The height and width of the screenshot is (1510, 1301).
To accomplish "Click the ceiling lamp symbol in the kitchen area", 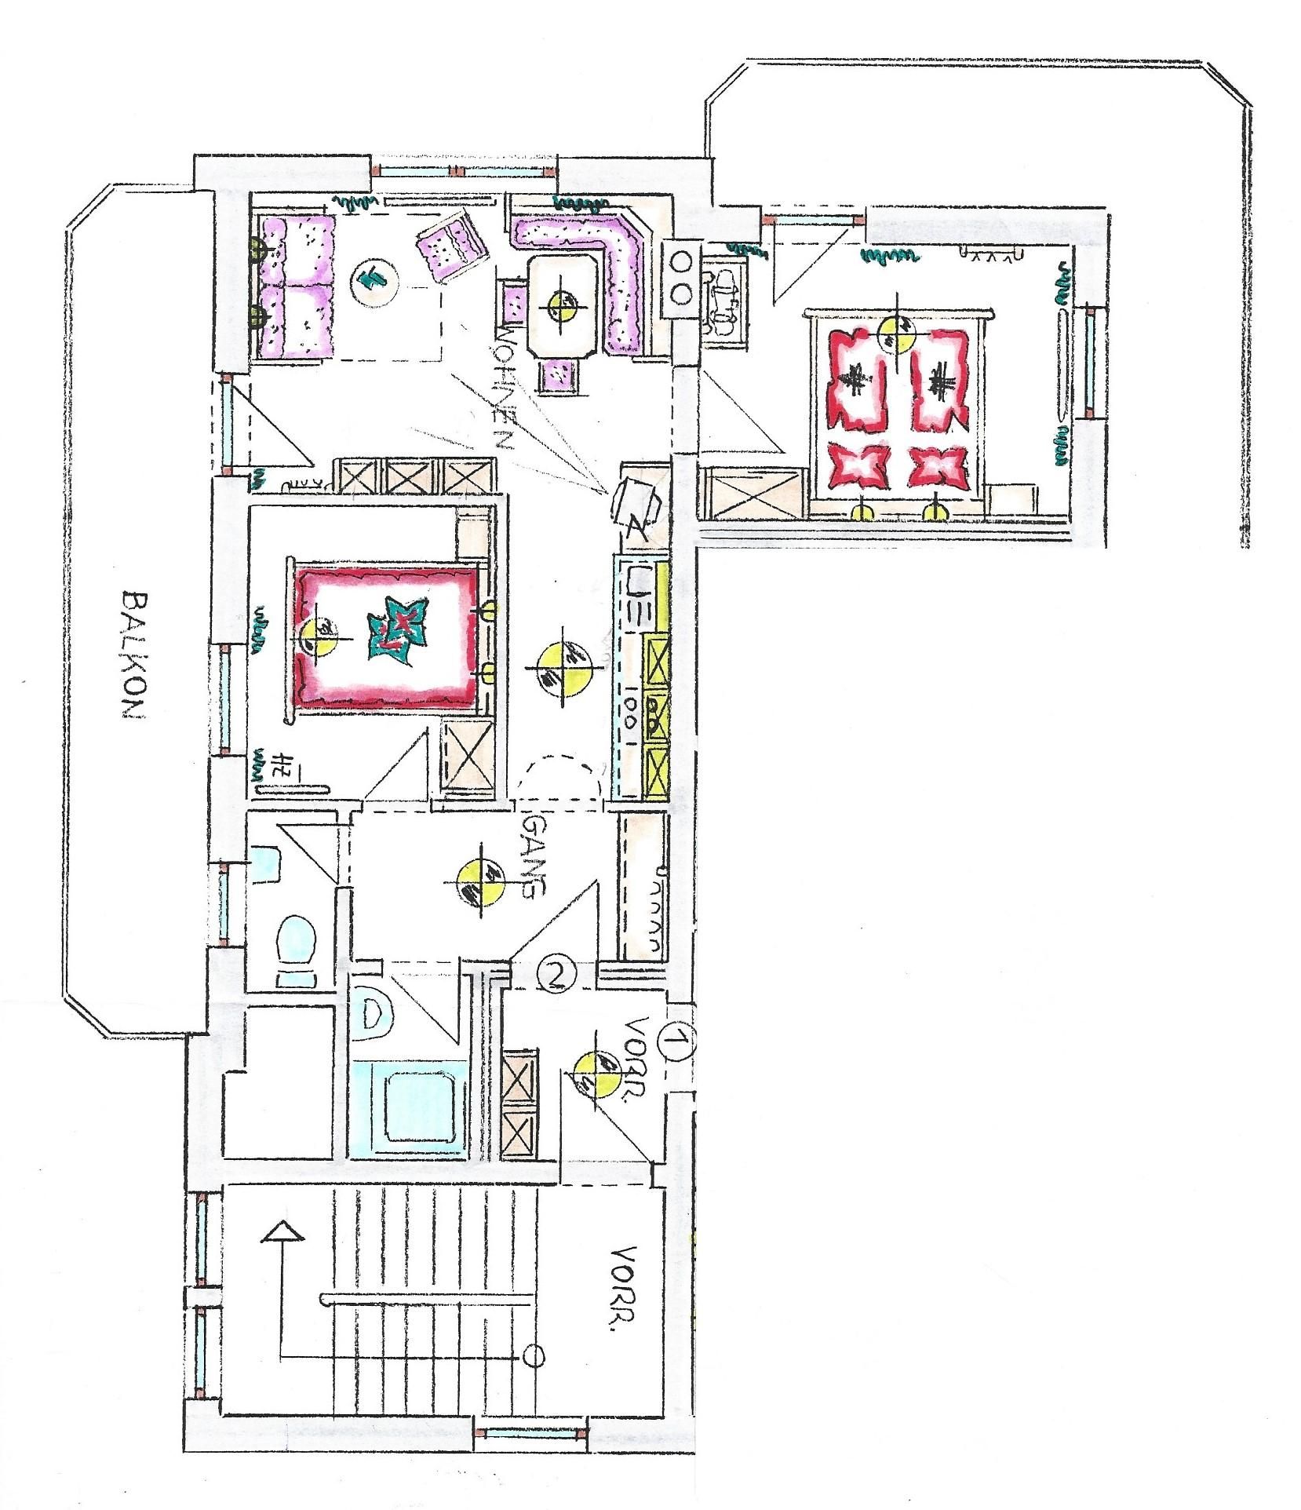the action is pos(564,663).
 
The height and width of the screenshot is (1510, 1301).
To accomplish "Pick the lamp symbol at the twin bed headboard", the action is pos(896,331).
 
